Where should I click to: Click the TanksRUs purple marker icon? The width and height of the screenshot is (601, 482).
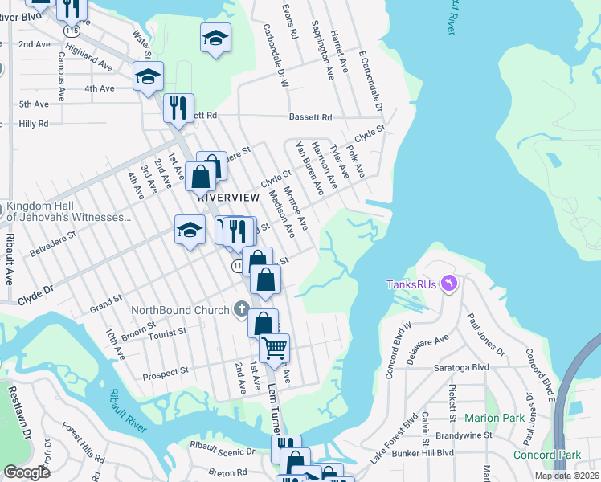[x=449, y=284]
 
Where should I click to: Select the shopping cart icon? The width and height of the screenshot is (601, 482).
[x=275, y=348]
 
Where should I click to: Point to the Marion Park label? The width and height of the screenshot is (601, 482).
[x=494, y=418]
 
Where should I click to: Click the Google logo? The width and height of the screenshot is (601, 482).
[x=27, y=472]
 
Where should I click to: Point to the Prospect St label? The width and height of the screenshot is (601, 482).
[x=165, y=372]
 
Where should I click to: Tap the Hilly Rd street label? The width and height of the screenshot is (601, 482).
[x=34, y=124]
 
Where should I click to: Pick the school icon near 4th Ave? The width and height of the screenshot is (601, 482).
[x=148, y=77]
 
